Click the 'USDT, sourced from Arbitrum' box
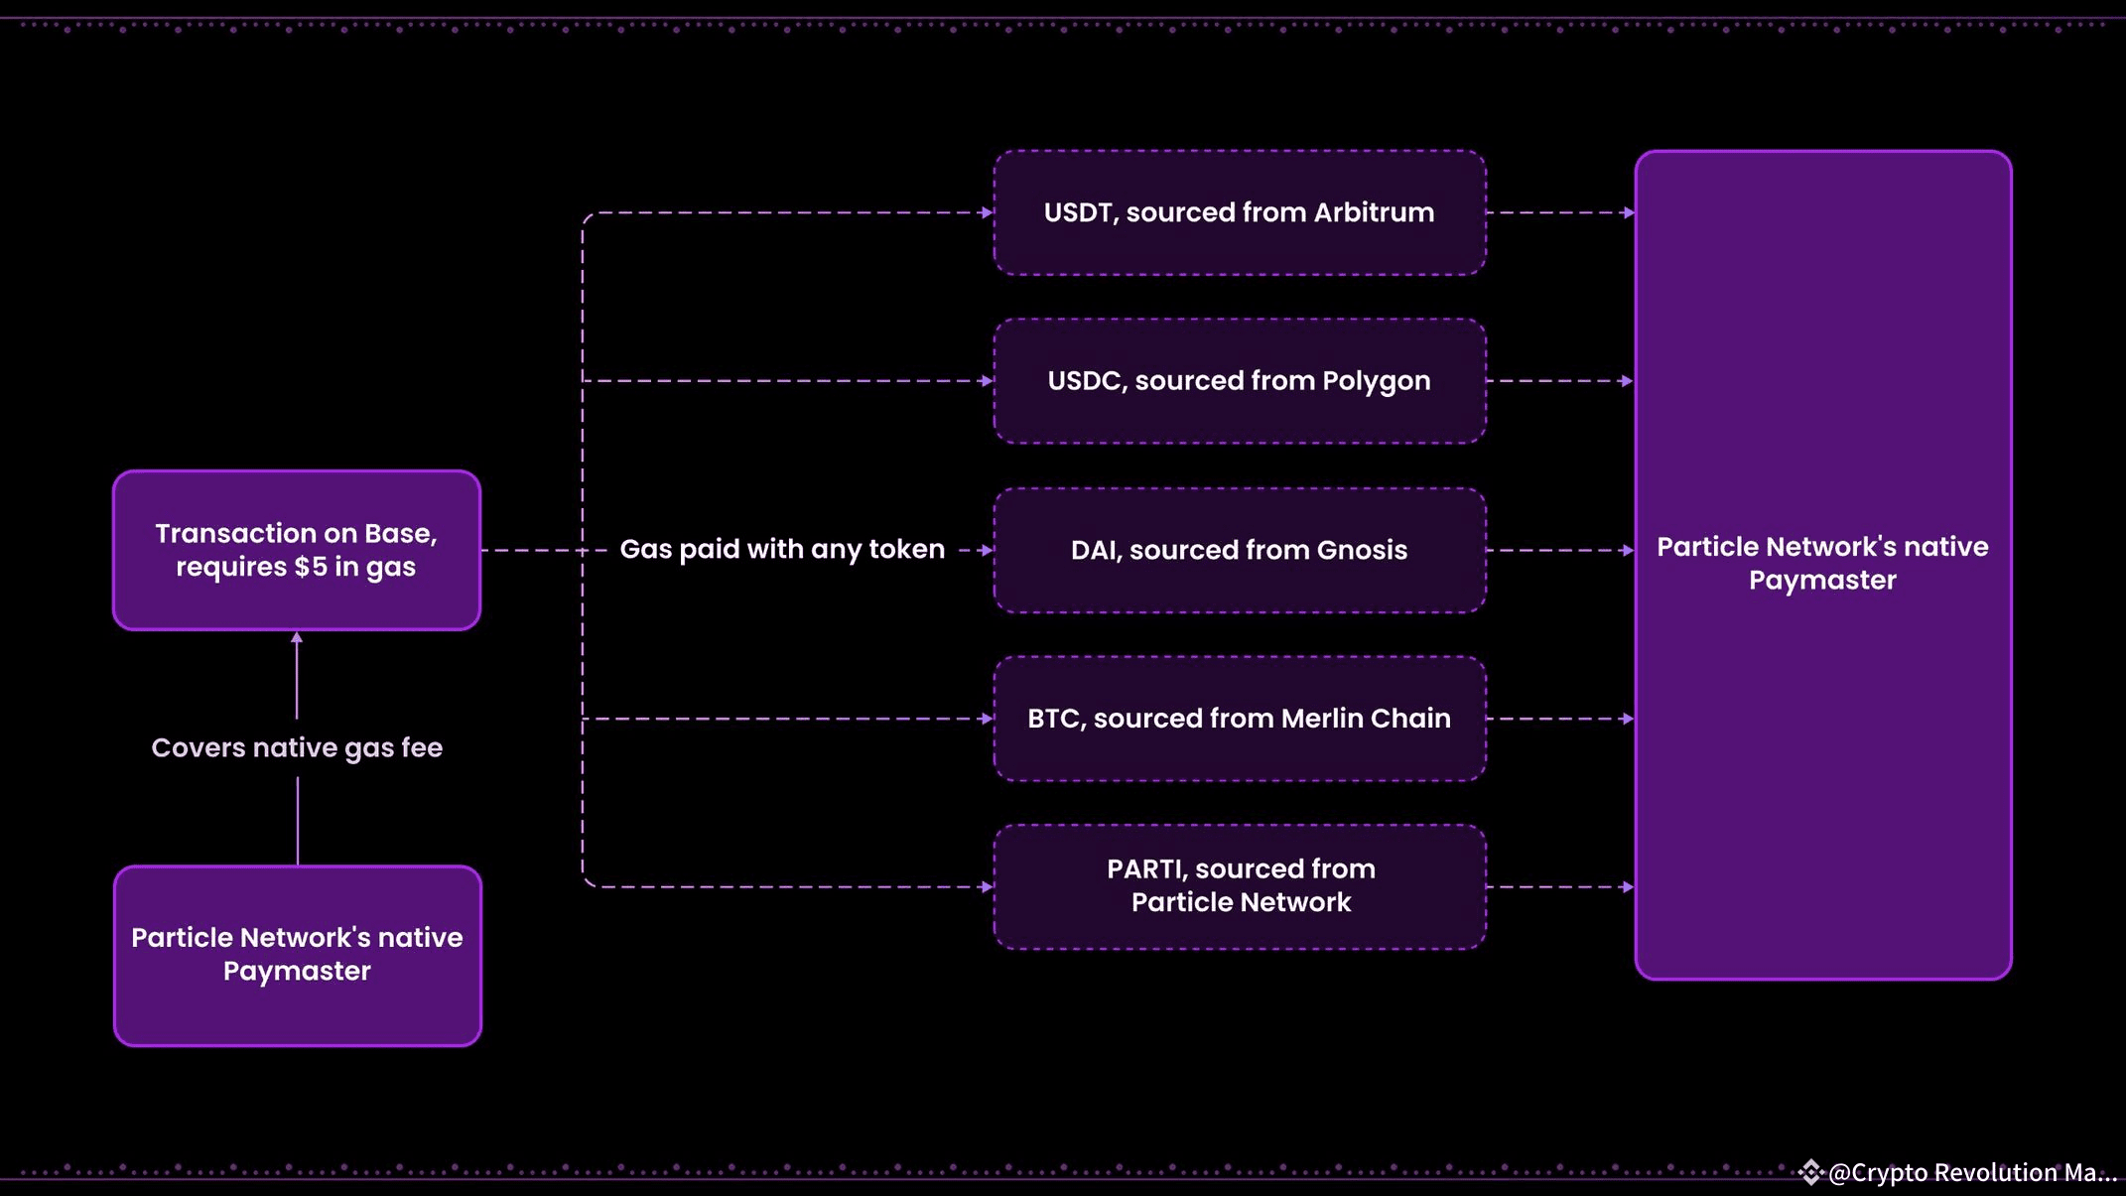click(x=1240, y=212)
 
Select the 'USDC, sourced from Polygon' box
click(x=1240, y=381)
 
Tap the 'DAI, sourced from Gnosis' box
click(x=1240, y=550)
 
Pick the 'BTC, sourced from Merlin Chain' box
click(x=1240, y=719)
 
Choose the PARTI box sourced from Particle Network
click(x=1240, y=887)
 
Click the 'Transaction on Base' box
click(x=297, y=550)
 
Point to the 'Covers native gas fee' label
click(x=297, y=747)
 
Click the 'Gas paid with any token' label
click(x=782, y=549)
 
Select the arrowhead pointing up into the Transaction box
click(x=297, y=638)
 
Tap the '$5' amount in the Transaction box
click(x=311, y=567)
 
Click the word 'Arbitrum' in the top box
click(x=1374, y=212)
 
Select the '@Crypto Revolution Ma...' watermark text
click(x=1973, y=1172)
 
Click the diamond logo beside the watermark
click(x=1811, y=1172)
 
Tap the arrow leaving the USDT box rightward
click(x=1560, y=212)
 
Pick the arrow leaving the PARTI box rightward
click(x=1560, y=887)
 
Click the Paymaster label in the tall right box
click(x=1822, y=564)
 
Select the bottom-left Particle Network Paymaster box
click(x=298, y=956)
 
